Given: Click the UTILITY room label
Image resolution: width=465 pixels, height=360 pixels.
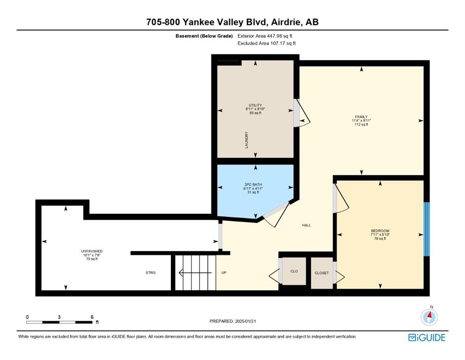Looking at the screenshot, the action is pyautogui.click(x=255, y=105).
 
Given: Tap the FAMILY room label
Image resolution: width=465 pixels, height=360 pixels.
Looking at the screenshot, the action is pyautogui.click(x=361, y=117).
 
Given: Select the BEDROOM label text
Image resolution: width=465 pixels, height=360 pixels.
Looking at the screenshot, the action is pyautogui.click(x=380, y=231).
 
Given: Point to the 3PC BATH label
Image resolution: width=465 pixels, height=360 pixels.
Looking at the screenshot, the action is pyautogui.click(x=253, y=185).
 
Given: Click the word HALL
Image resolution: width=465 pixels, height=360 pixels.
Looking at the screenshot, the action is pyautogui.click(x=306, y=225).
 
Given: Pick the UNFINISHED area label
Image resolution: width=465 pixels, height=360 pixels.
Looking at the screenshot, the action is pyautogui.click(x=92, y=251).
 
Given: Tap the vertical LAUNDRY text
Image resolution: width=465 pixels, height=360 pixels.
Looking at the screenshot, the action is pyautogui.click(x=246, y=140).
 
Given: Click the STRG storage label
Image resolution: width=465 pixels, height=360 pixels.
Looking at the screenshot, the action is pyautogui.click(x=150, y=272).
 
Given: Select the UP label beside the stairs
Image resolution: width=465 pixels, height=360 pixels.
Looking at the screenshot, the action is pyautogui.click(x=224, y=272).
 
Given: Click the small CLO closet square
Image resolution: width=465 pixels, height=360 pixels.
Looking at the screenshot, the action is pyautogui.click(x=294, y=271).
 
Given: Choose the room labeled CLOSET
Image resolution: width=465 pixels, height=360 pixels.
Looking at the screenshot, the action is pyautogui.click(x=322, y=273).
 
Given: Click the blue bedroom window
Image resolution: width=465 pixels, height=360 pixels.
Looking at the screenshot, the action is pyautogui.click(x=427, y=229).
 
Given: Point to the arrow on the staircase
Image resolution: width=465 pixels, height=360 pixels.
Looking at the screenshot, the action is pyautogui.click(x=195, y=272).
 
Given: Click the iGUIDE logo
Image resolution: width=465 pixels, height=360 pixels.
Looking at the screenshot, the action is pyautogui.click(x=427, y=338).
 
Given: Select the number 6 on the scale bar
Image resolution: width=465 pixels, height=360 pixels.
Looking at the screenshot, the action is pyautogui.click(x=92, y=317).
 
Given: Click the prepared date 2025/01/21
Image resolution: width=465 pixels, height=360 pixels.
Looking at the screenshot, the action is pyautogui.click(x=245, y=321).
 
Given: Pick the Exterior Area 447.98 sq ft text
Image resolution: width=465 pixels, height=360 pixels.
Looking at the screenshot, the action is pyautogui.click(x=265, y=36).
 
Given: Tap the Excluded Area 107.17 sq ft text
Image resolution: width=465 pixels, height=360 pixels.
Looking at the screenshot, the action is pyautogui.click(x=266, y=43).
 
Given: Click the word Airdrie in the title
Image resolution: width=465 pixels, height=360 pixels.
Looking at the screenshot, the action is pyautogui.click(x=285, y=22).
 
